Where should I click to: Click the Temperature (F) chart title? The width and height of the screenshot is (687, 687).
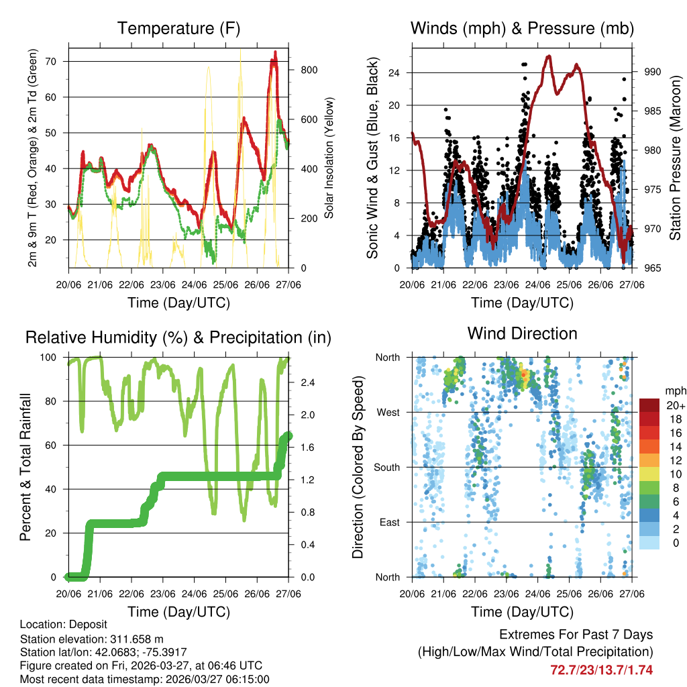(x=178, y=28)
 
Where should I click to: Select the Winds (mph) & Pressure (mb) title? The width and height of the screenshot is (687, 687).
(x=522, y=28)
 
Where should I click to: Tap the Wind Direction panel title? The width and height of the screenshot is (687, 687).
(x=522, y=333)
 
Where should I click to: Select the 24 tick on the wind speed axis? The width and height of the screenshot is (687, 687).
(x=401, y=72)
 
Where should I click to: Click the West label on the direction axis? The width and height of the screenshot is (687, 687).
(x=389, y=412)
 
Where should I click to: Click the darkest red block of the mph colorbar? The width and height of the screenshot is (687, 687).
(x=649, y=406)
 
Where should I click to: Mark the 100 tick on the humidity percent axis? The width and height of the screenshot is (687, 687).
(x=52, y=357)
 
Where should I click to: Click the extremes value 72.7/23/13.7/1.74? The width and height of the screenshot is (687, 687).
(x=601, y=670)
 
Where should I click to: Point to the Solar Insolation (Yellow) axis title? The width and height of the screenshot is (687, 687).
(x=329, y=158)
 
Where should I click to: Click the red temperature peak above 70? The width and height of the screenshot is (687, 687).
(x=274, y=53)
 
